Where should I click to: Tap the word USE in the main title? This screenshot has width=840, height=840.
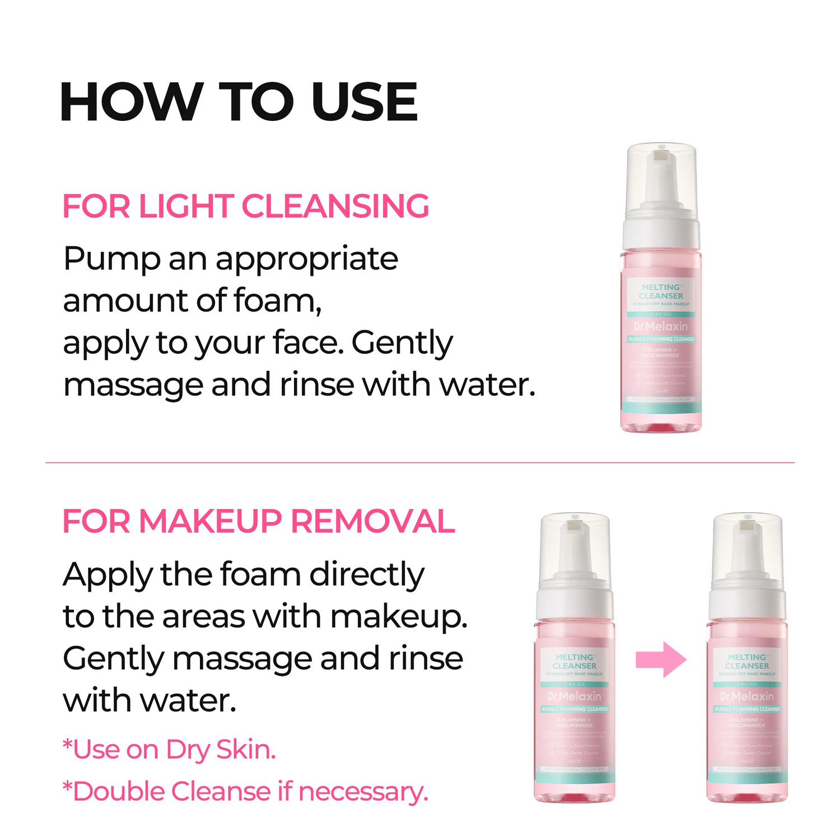[365, 102]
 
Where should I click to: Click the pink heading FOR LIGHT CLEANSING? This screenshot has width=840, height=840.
[245, 206]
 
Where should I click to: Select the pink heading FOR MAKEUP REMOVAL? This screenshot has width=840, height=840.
[258, 521]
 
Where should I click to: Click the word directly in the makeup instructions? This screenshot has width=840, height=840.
[367, 575]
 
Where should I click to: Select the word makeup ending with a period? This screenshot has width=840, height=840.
[398, 617]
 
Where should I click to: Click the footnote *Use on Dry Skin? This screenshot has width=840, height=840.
[169, 749]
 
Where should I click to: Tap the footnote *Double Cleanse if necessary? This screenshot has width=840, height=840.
[245, 791]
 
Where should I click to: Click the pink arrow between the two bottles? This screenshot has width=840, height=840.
[661, 660]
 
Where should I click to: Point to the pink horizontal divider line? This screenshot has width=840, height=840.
[420, 463]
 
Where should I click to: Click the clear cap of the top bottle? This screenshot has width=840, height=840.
[661, 176]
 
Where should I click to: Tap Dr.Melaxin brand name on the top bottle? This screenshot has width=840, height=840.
[661, 326]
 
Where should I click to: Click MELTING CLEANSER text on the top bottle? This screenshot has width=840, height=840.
[661, 291]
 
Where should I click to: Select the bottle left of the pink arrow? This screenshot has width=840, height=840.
[575, 661]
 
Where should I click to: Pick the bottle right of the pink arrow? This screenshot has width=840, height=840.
[747, 661]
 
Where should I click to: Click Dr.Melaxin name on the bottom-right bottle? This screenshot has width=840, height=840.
[747, 697]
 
